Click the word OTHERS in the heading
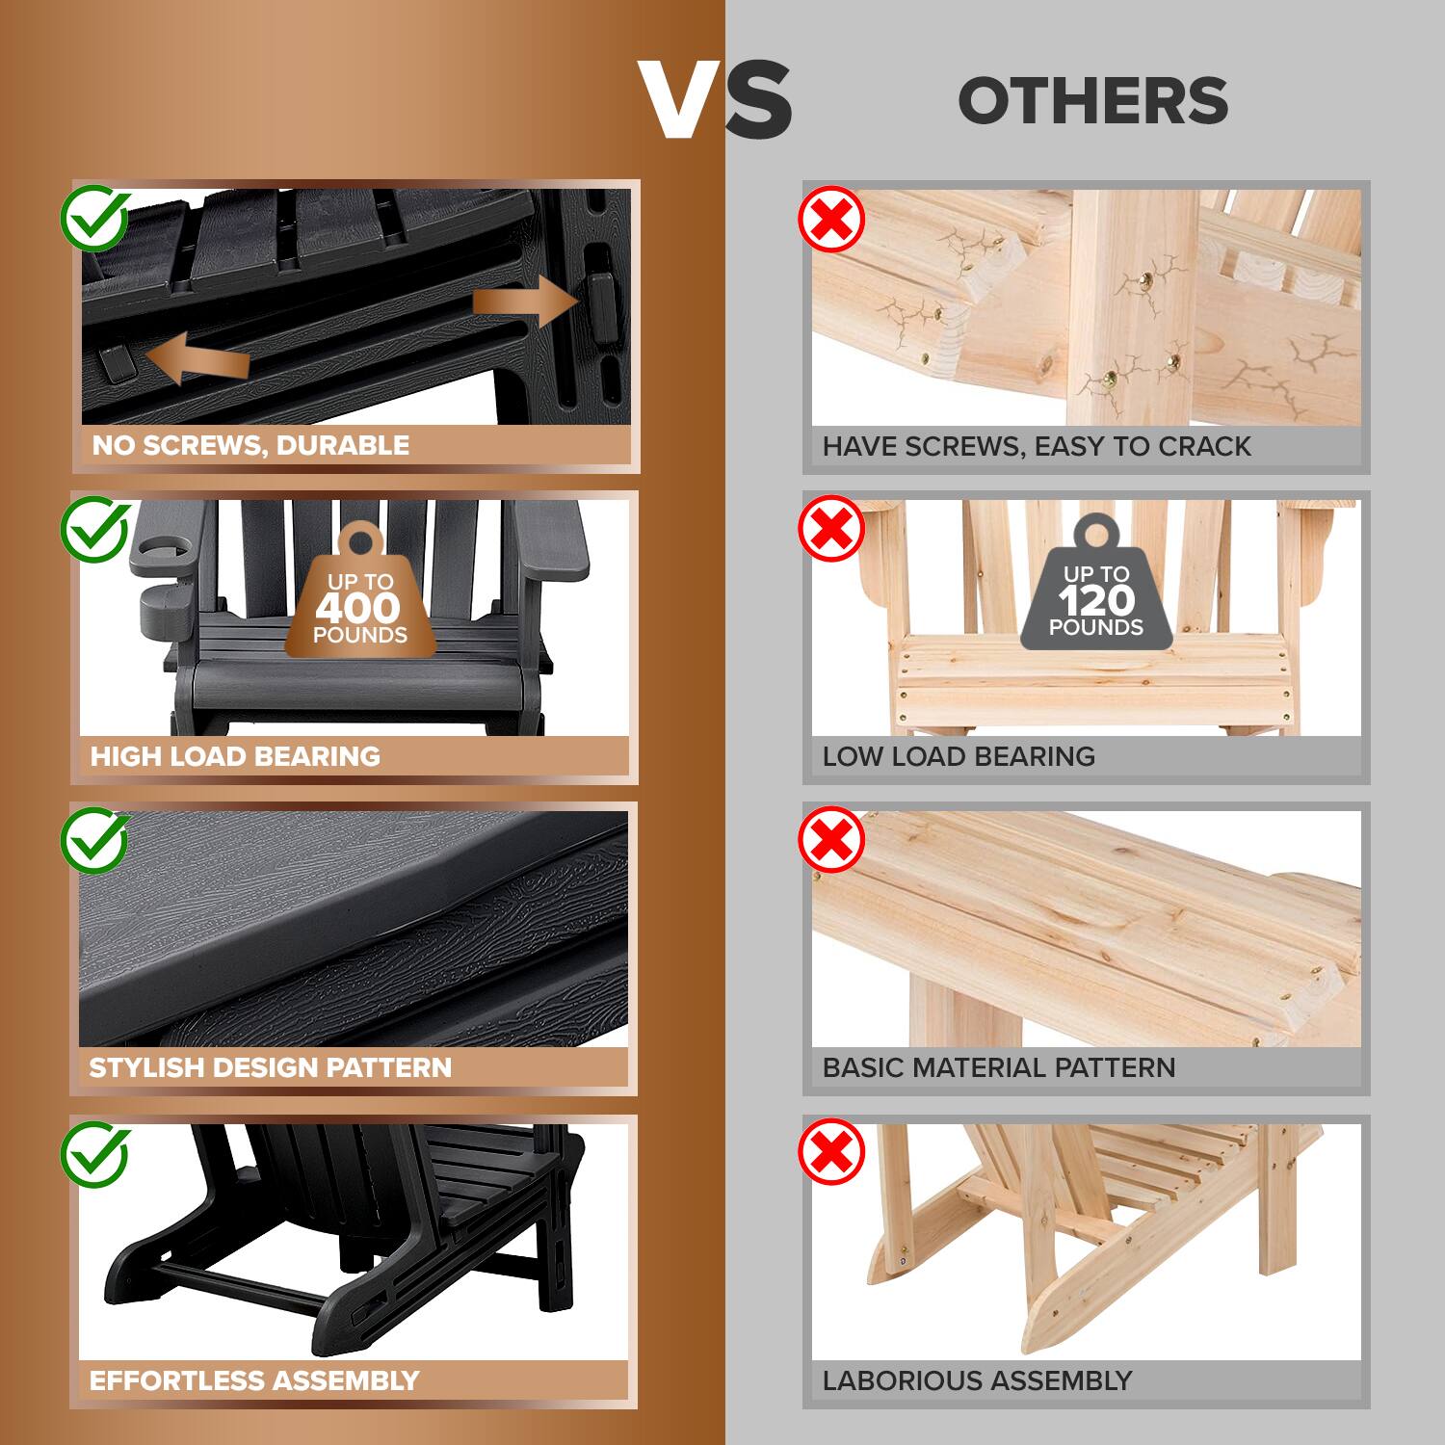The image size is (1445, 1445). tap(1093, 101)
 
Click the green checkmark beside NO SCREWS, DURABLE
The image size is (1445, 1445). tap(95, 219)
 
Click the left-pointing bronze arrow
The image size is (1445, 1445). tap(197, 360)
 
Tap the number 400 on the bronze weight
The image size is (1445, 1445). tap(357, 608)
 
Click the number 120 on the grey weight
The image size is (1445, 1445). tap(1096, 601)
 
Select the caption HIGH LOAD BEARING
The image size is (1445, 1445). tap(235, 756)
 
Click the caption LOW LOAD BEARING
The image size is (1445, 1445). tap(959, 756)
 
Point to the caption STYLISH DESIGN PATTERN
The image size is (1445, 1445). tap(270, 1067)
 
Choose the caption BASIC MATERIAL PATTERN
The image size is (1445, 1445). tap(999, 1067)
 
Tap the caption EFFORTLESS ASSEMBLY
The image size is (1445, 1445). tap(254, 1380)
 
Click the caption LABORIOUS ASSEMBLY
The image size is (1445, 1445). tap(977, 1380)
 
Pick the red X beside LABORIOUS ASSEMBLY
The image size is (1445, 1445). tap(831, 1151)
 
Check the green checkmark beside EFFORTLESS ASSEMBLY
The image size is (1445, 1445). tap(95, 1153)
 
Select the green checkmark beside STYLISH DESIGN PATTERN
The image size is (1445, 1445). tap(95, 841)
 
